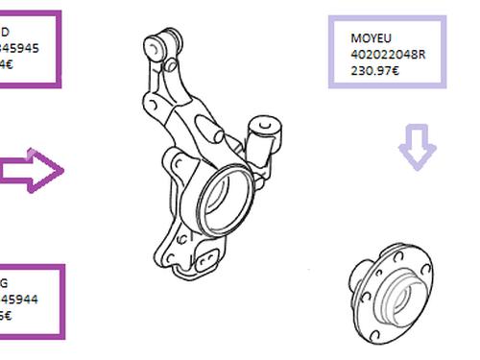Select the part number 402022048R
tap(388, 54)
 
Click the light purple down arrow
tap(416, 151)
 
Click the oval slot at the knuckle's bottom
tap(209, 256)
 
